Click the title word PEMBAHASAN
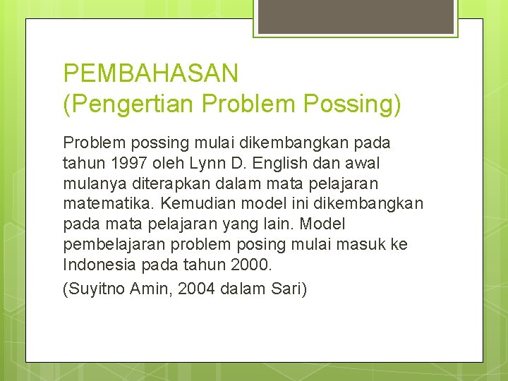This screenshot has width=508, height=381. (x=150, y=73)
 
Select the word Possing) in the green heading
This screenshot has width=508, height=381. (x=352, y=104)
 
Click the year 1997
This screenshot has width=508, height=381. (x=128, y=163)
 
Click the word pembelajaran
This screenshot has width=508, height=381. (x=114, y=244)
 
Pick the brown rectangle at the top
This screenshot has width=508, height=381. (x=354, y=16)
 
